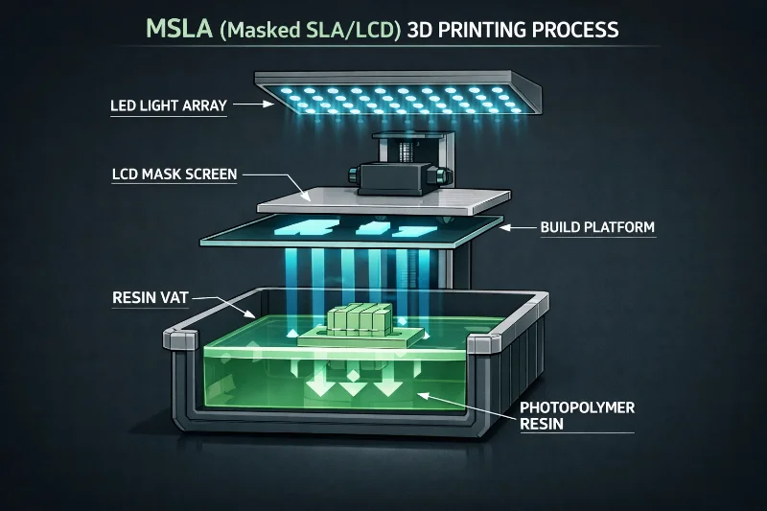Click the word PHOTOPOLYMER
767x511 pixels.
pyautogui.click(x=577, y=406)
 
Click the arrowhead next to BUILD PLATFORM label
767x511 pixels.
pyautogui.click(x=509, y=227)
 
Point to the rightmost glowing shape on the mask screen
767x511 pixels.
pyautogui.click(x=416, y=230)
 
